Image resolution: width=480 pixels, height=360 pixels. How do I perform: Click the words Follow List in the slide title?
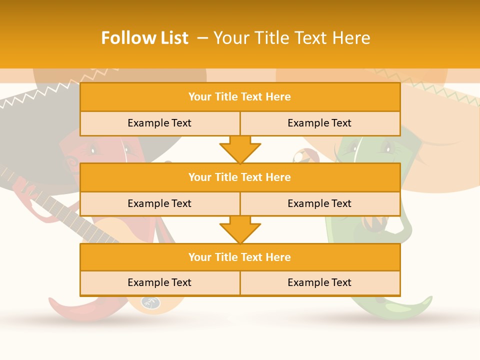(144, 38)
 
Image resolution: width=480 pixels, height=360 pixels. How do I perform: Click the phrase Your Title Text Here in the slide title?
(291, 38)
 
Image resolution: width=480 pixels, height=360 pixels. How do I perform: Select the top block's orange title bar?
(240, 97)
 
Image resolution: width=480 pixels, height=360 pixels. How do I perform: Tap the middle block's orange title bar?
(240, 177)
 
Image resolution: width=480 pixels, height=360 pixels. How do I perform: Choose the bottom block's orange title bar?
(240, 257)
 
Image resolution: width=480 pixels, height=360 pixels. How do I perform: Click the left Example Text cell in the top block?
(159, 123)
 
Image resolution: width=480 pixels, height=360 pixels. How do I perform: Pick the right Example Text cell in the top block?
(319, 123)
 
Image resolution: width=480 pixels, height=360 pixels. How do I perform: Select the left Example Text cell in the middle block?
(159, 203)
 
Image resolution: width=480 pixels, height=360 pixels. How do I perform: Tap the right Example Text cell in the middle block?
(319, 203)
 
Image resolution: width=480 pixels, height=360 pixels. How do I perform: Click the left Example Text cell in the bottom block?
(159, 282)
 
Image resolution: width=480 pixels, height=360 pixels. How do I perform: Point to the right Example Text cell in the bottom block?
(319, 282)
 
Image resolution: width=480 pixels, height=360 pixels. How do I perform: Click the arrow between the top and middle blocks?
(240, 149)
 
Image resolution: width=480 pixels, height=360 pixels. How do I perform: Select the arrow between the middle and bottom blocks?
(240, 229)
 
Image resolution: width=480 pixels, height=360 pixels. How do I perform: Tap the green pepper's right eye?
(386, 147)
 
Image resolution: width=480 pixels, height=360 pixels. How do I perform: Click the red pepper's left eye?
(92, 148)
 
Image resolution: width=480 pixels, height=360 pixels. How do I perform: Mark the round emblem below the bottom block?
(150, 301)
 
